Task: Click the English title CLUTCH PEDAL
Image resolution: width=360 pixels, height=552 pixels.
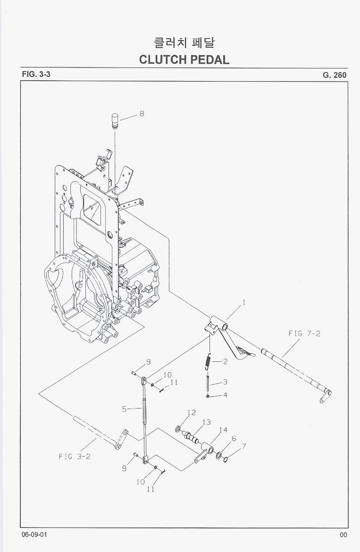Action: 184,60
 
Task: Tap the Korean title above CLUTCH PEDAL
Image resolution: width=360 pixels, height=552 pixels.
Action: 184,43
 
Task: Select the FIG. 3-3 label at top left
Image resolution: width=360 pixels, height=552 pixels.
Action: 36,75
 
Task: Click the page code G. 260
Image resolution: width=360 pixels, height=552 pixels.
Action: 335,75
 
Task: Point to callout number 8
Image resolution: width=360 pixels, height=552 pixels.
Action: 142,114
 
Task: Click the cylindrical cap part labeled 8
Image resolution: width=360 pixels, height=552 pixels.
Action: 115,121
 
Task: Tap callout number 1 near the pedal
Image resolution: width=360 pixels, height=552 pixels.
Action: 243,303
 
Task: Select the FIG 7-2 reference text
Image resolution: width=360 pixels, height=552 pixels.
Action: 304,334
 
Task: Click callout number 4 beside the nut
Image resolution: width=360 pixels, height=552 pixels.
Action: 225,395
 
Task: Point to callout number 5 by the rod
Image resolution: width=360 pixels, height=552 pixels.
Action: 125,409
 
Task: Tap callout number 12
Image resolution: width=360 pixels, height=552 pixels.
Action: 191,412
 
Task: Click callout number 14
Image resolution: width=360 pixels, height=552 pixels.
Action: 223,430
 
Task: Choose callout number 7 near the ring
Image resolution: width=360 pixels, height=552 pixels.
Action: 243,446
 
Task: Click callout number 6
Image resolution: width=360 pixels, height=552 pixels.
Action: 234,439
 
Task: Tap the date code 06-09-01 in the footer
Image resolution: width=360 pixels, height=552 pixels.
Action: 33,535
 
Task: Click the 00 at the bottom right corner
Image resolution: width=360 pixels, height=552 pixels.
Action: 343,535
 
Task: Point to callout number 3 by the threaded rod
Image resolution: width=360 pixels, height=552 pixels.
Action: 225,382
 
